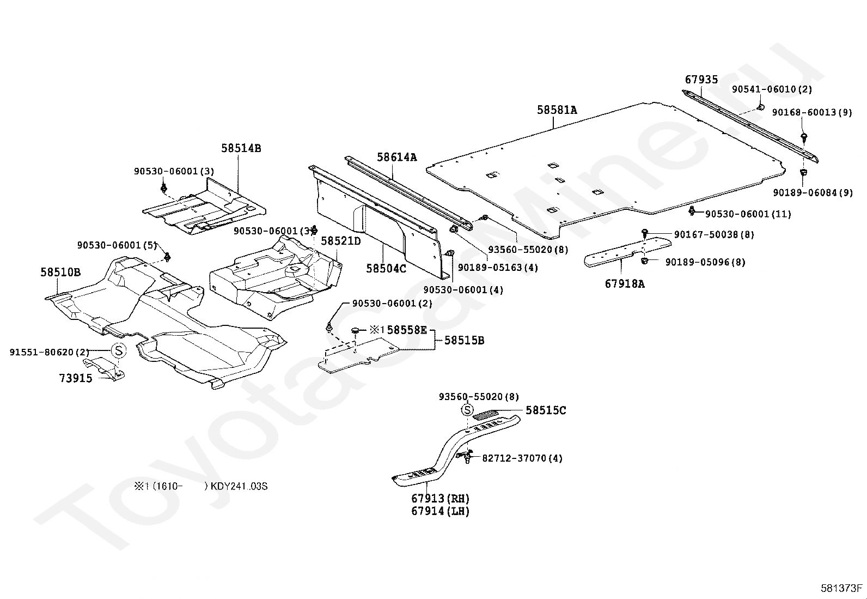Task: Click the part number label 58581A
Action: coord(557,110)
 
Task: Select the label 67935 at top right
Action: coord(701,80)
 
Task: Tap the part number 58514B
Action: coord(241,148)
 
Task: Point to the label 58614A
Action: coord(396,158)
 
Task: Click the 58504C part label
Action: coord(386,268)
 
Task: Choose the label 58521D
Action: coord(340,241)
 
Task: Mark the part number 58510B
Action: coord(60,272)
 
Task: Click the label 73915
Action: coord(76,378)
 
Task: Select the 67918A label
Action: coord(624,283)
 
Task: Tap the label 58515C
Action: coord(546,410)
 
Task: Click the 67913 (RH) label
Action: coord(441,498)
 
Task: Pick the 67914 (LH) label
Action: coord(441,511)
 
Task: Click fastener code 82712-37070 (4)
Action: coord(522,458)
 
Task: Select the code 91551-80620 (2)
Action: coord(49,352)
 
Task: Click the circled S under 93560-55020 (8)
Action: coord(467,410)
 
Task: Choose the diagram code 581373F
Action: coord(842,588)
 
